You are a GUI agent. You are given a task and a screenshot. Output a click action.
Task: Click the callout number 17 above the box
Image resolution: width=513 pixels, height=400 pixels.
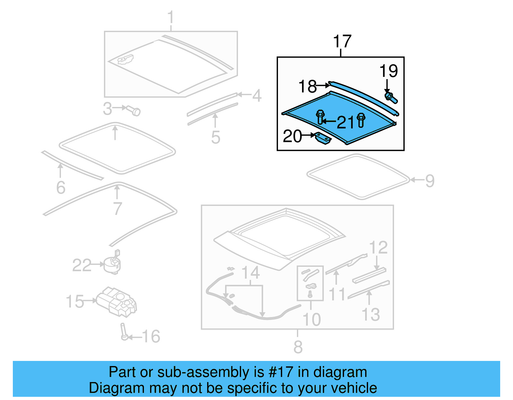(342, 42)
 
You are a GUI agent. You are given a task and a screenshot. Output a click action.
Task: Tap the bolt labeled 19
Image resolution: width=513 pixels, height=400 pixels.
(391, 98)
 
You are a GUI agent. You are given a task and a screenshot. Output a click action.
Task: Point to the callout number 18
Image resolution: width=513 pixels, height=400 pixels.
(307, 86)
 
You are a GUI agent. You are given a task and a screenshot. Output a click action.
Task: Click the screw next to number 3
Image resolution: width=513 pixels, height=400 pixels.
(134, 110)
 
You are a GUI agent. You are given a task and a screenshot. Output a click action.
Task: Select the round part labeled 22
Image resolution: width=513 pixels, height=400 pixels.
(113, 264)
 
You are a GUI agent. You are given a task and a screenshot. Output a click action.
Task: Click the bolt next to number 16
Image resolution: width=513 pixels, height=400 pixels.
(123, 332)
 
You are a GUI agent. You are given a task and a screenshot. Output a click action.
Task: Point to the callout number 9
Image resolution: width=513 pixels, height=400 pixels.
(430, 181)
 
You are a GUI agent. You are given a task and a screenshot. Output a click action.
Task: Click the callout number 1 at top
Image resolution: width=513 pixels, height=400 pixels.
(171, 17)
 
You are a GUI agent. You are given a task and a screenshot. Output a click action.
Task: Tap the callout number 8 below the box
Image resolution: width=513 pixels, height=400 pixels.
(298, 347)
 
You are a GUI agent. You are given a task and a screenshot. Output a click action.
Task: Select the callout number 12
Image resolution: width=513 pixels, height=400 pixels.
(378, 248)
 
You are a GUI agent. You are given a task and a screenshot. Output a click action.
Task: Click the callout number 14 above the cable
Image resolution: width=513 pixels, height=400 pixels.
(250, 273)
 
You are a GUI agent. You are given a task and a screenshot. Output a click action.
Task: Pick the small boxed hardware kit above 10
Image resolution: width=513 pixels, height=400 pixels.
(310, 283)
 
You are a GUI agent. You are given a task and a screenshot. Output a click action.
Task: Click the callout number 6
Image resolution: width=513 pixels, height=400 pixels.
(61, 188)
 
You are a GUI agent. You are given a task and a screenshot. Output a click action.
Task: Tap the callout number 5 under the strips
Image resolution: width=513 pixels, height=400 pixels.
(215, 137)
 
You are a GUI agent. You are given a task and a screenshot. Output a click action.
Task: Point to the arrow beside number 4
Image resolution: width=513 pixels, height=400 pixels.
(244, 94)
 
